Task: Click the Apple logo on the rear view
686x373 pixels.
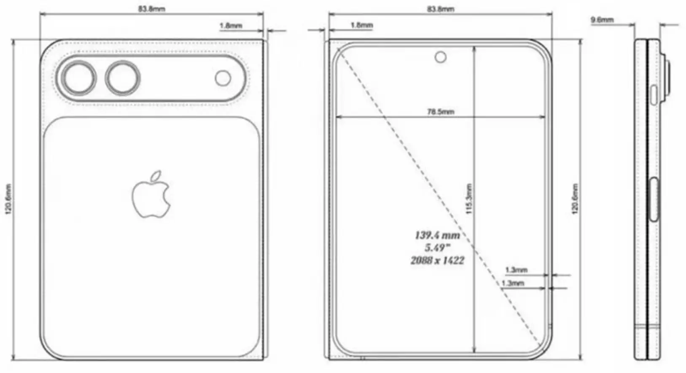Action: pos(151,195)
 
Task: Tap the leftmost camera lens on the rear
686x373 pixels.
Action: pos(79,78)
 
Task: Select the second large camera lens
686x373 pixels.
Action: pos(123,78)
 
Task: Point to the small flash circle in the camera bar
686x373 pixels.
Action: pos(223,78)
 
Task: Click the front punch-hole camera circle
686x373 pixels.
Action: pos(441,56)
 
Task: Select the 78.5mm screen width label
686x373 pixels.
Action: pos(440,112)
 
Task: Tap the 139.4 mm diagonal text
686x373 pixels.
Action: pos(437,235)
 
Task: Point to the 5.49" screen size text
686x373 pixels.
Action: pos(437,248)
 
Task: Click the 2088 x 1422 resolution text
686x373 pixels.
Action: pos(437,260)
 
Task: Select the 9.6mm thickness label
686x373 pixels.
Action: pos(602,19)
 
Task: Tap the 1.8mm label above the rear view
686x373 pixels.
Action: pos(231,25)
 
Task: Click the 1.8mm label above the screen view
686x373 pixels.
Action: pos(361,25)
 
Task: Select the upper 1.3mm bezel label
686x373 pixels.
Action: pos(516,270)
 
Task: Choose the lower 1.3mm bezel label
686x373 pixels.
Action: pos(512,283)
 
